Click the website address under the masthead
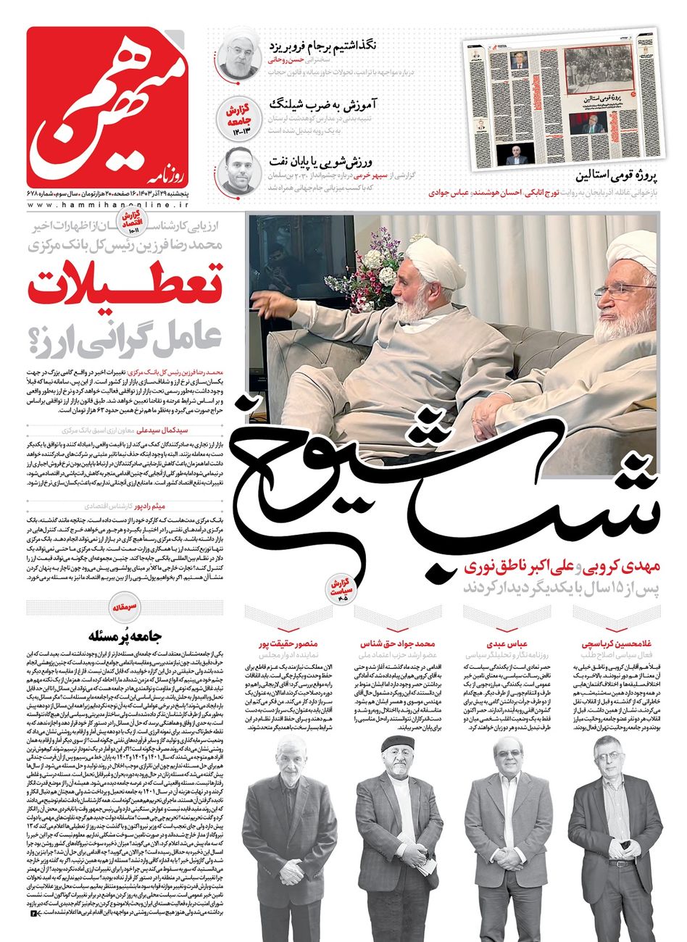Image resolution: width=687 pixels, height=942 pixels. [120, 206]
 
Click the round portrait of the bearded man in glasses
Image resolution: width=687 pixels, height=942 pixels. [239, 171]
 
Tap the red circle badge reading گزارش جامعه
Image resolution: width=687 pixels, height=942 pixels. [239, 112]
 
